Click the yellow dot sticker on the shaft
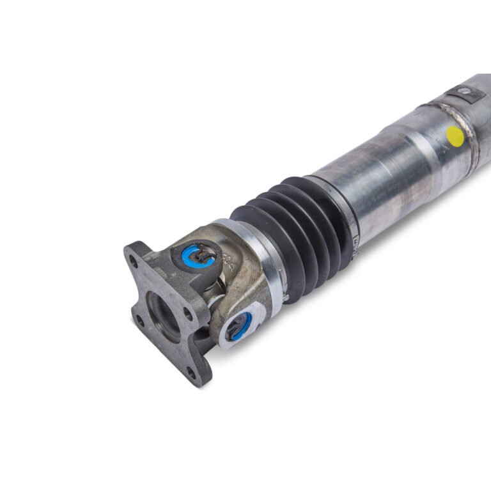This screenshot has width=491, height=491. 455,135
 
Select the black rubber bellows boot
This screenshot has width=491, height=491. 291,233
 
